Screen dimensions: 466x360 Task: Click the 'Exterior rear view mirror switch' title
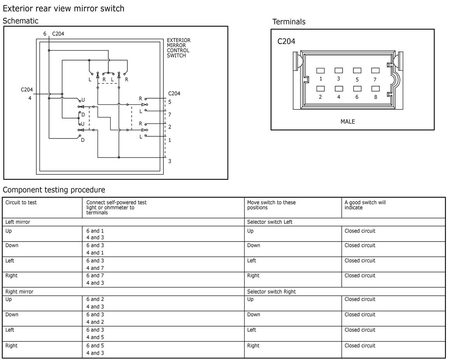point(63,9)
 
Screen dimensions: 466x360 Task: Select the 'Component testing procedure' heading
point(54,190)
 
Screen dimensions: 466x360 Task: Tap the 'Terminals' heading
point(289,22)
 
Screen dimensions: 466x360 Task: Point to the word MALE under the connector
point(348,122)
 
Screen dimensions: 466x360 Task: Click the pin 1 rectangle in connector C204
point(320,71)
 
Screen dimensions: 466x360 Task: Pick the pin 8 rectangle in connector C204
point(376,89)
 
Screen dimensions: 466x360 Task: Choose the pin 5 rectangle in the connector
point(357,70)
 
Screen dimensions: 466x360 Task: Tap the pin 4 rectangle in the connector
point(339,89)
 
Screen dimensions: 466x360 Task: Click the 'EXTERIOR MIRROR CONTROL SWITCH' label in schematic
point(178,48)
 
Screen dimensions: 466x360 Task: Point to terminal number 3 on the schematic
point(170,161)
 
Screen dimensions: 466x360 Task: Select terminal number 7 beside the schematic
point(170,115)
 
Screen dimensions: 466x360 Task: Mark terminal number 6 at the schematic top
point(45,34)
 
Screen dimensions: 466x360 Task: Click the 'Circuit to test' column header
point(21,202)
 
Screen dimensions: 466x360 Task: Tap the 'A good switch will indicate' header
point(365,205)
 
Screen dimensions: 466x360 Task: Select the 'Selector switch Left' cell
point(270,222)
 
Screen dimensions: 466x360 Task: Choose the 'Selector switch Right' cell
point(271,292)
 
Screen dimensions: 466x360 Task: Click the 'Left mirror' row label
point(17,222)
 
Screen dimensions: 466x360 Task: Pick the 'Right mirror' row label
point(19,292)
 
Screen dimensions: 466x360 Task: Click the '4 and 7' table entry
point(95,268)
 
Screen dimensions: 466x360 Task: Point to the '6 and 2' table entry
point(95,299)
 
